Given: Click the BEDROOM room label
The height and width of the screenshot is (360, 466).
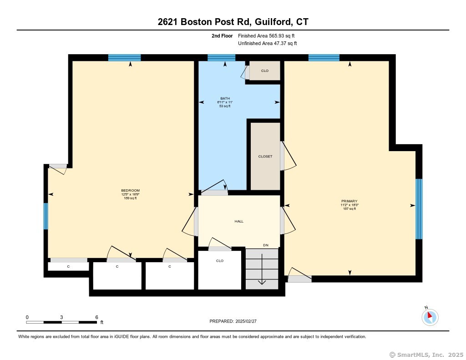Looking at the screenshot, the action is tap(130, 191).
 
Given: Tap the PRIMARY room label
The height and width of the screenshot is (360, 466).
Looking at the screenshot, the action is tap(349, 201).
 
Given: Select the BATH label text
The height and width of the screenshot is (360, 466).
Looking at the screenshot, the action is tap(225, 98).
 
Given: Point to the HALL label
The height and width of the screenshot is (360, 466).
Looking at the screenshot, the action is tap(239, 221).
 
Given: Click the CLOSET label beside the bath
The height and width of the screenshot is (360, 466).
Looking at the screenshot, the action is tap(265, 157).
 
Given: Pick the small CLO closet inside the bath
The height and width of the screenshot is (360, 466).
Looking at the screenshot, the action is tap(265, 71).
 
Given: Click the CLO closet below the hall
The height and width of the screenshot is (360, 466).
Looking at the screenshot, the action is tap(220, 261).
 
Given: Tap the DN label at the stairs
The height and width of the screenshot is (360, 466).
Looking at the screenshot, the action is tap(266, 245).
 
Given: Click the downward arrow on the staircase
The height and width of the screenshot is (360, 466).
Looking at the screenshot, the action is tap(262, 269).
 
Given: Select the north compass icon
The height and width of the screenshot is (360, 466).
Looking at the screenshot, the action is tap(430, 317).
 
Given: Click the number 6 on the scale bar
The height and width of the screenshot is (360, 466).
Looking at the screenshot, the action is tap(96, 317).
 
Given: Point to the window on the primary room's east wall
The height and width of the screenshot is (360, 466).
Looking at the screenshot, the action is tap(419, 209).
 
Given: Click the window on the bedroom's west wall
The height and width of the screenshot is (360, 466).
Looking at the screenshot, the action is tap(46, 216).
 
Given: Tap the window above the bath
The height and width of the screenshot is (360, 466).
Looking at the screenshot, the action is tap(222, 58).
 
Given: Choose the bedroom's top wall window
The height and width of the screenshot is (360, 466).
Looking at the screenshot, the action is tap(124, 58).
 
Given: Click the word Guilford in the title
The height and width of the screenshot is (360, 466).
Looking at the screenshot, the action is tap(274, 22).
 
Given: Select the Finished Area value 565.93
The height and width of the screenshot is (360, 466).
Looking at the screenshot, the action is tap(276, 36).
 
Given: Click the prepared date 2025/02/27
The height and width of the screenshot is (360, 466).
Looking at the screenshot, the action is tap(246, 321).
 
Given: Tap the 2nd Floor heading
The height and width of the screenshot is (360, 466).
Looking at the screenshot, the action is tap(222, 36).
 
